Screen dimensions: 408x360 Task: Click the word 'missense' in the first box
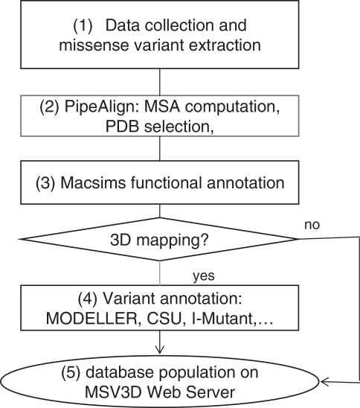pos(105,45)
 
